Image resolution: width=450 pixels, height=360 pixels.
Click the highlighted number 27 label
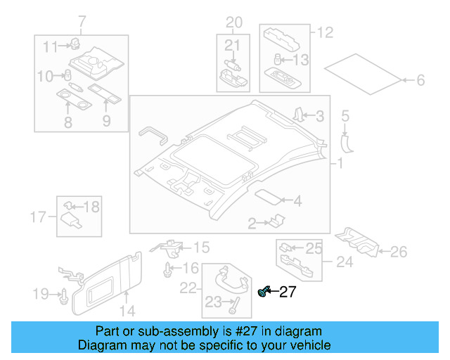tap(288, 292)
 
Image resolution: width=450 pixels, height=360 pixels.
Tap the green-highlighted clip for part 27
tap(264, 292)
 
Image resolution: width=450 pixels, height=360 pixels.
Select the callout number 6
tap(420, 81)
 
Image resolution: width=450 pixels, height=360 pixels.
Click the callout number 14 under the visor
tap(126, 310)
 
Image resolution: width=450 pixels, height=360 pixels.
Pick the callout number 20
tap(233, 22)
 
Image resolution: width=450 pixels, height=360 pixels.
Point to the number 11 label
tap(49, 47)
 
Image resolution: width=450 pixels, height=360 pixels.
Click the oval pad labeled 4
tap(267, 197)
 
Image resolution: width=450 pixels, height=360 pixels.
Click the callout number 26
tap(399, 251)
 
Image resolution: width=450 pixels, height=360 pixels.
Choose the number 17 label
tap(39, 215)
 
